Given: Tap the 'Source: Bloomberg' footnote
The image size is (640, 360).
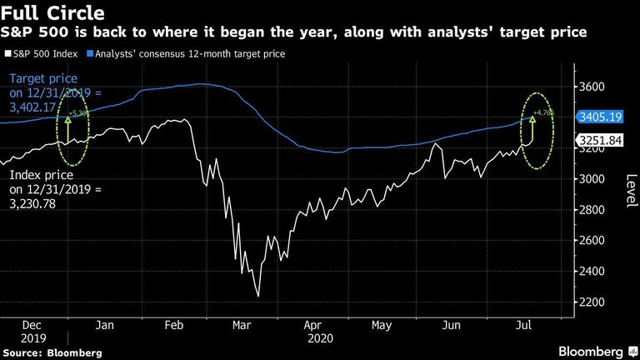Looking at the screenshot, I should (x=52, y=353).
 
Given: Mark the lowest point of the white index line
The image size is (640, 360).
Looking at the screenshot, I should (x=258, y=296).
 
